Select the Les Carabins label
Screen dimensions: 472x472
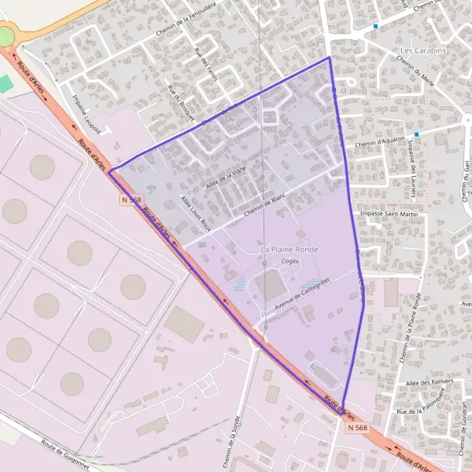[417, 50]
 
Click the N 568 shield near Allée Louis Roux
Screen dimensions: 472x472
[131, 201]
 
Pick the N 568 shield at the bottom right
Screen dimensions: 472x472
[356, 427]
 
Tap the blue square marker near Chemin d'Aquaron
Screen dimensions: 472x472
[416, 135]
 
